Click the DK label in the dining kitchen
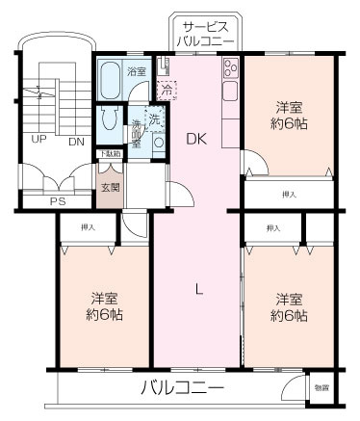click(197, 138)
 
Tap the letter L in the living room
click(198, 286)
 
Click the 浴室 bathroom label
click(136, 71)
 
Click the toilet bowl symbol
click(109, 121)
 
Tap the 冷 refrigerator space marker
click(167, 91)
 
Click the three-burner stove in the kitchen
click(231, 69)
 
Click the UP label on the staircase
click(40, 141)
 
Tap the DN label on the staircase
click(76, 141)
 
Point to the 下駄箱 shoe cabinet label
click(108, 154)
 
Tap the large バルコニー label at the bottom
click(182, 387)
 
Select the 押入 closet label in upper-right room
click(289, 194)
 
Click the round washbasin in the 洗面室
click(138, 133)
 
